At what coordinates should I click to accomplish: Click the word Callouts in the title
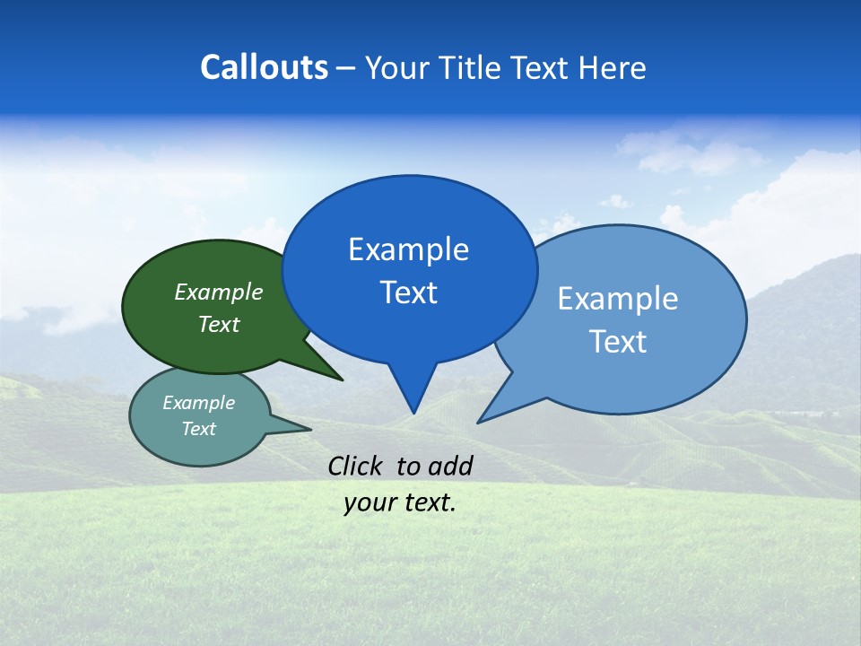[x=264, y=67]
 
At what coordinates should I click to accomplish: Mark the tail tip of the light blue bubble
[x=481, y=421]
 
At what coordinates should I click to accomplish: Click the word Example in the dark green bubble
[x=218, y=292]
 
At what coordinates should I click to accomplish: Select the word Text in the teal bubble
[x=198, y=429]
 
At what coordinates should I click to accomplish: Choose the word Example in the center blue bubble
[x=408, y=249]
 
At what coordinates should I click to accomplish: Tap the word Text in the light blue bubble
[x=618, y=342]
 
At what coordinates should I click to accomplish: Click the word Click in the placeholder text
[x=356, y=466]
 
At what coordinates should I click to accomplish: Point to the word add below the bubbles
[x=450, y=466]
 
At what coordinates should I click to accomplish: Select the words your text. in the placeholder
[x=400, y=502]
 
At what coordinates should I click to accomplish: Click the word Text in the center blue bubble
[x=408, y=292]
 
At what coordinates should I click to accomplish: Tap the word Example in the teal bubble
[x=198, y=403]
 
